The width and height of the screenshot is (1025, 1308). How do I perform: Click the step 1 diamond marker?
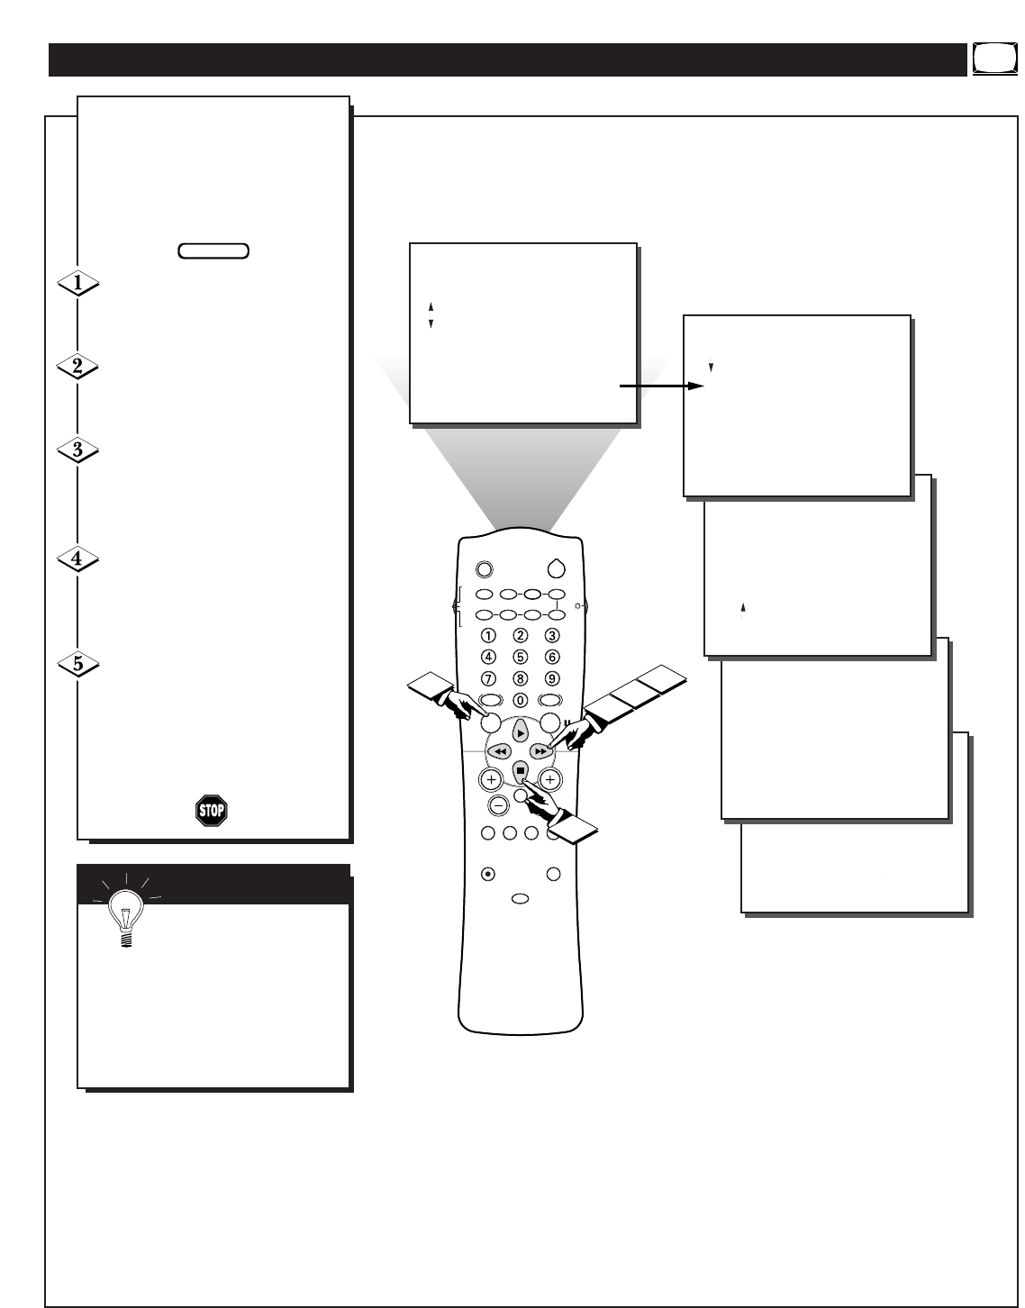(78, 284)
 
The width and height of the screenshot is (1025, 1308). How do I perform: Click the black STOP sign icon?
(212, 810)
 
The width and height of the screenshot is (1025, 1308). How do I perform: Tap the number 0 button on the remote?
(520, 700)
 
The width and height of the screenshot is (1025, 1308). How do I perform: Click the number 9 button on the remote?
(552, 678)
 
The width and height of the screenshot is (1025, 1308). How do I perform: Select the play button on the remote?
(521, 733)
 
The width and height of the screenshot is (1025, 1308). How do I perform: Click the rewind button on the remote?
(501, 750)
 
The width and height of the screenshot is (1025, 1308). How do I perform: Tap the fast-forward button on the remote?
(540, 750)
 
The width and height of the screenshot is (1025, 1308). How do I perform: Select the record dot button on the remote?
(487, 873)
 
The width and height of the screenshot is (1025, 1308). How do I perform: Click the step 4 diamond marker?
(78, 559)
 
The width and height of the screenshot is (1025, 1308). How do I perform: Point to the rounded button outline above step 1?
(213, 250)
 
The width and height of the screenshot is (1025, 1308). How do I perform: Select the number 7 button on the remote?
(487, 678)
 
